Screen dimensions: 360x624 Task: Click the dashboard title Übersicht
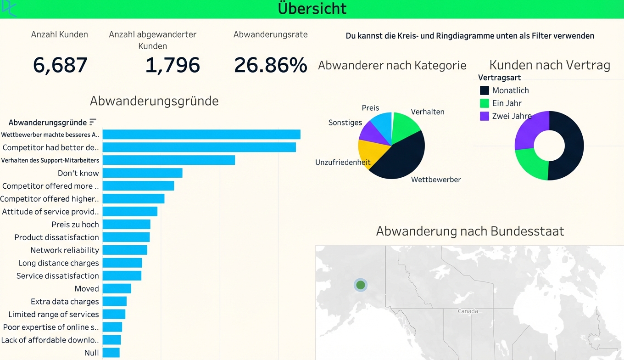click(x=312, y=9)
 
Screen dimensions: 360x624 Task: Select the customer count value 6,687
click(x=60, y=65)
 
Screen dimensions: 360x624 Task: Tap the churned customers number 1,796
click(x=173, y=65)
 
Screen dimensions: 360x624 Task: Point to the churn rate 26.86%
click(x=270, y=65)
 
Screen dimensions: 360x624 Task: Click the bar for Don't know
click(x=142, y=173)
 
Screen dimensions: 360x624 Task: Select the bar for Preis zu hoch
click(x=126, y=225)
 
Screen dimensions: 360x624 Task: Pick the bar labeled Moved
click(x=117, y=289)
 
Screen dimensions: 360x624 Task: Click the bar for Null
click(x=111, y=353)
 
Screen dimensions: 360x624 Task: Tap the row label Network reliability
click(x=65, y=250)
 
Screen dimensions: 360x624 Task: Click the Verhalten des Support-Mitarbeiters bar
click(x=168, y=160)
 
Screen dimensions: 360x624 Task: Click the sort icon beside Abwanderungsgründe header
click(x=93, y=122)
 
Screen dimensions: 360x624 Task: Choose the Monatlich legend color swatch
click(x=485, y=90)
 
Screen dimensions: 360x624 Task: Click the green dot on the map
click(x=361, y=285)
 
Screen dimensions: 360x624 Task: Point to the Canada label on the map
click(x=468, y=311)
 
